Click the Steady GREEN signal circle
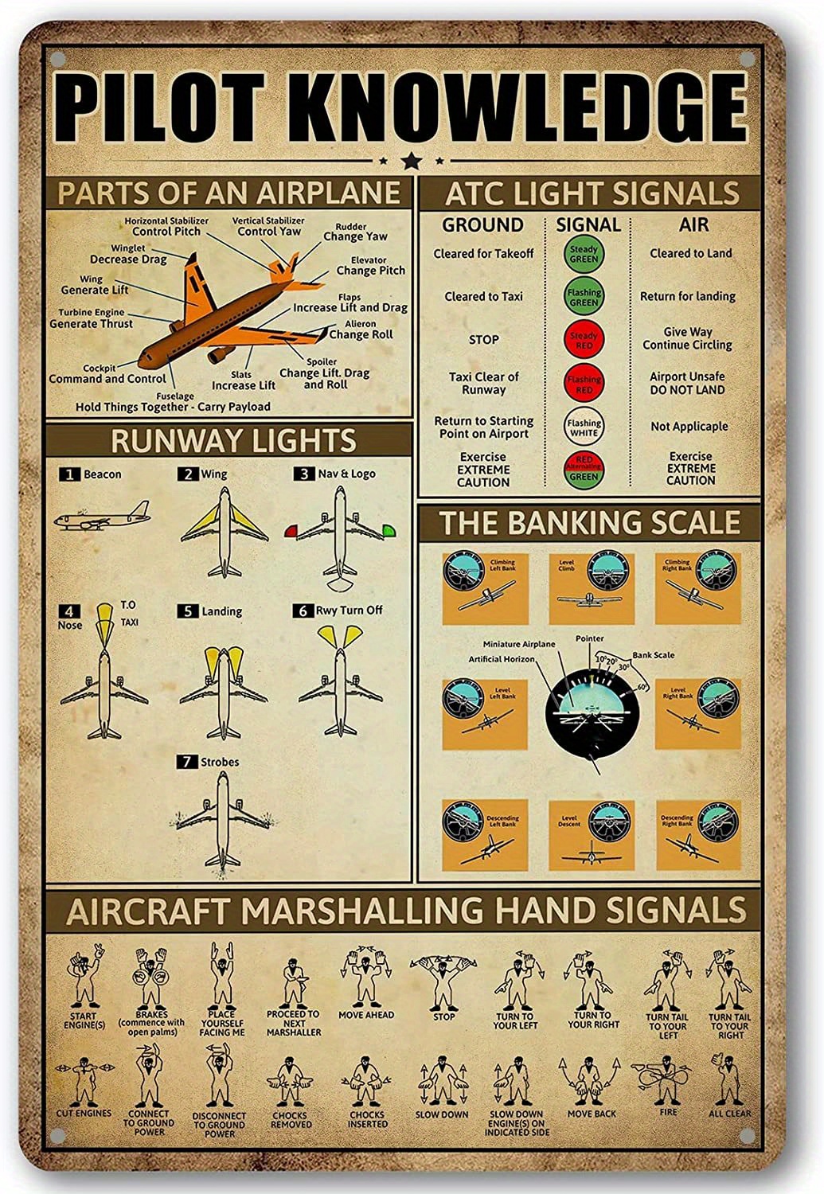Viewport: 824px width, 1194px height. [584, 255]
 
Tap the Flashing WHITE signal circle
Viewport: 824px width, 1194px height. [584, 426]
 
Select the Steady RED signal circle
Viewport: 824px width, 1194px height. [584, 339]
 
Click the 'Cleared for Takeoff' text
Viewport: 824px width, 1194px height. [483, 254]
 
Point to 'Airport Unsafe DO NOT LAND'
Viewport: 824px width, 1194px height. [687, 383]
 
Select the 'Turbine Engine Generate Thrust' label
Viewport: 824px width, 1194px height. [92, 318]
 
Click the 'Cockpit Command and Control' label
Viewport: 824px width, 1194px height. [107, 374]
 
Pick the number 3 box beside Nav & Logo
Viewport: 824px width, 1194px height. [303, 474]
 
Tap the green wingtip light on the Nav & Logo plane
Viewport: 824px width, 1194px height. [389, 529]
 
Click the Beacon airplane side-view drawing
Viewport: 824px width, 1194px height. [101, 517]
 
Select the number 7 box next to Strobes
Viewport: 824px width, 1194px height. [186, 762]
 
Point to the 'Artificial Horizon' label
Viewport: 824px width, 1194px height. [502, 659]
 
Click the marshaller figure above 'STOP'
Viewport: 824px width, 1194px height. [443, 979]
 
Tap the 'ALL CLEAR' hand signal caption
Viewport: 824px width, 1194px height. [728, 1114]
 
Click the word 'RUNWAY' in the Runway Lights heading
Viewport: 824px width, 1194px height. [158, 441]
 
